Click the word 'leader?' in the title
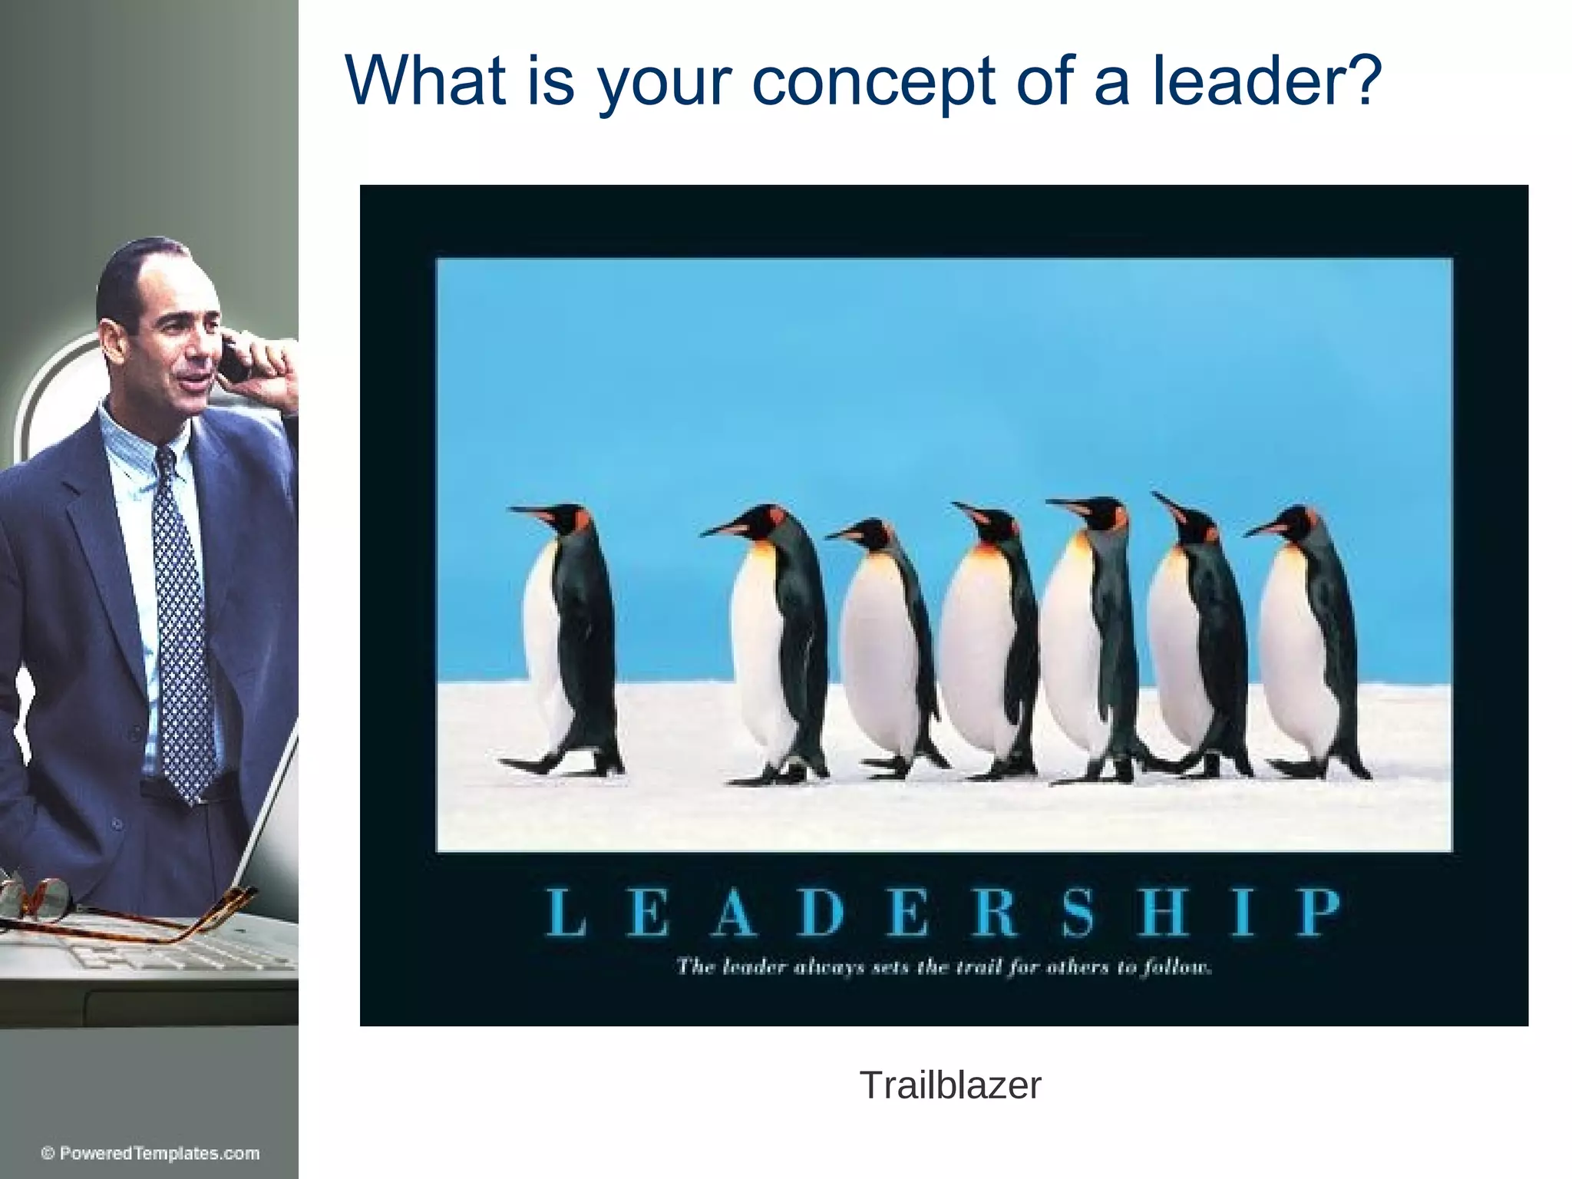point(1267,80)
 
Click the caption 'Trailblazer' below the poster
point(950,1085)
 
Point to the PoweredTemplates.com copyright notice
point(150,1154)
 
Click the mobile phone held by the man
point(235,360)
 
